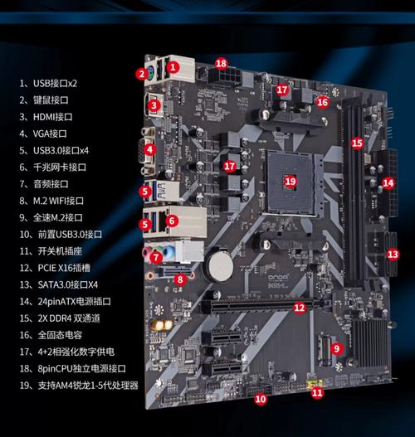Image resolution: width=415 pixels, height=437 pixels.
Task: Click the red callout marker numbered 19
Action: pyautogui.click(x=290, y=180)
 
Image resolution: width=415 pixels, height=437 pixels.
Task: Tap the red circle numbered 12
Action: pyautogui.click(x=299, y=308)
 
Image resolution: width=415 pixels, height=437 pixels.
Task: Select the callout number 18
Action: pyautogui.click(x=221, y=63)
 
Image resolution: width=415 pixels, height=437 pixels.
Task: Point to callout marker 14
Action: pyautogui.click(x=388, y=182)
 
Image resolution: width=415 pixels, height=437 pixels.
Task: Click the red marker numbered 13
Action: pyautogui.click(x=393, y=254)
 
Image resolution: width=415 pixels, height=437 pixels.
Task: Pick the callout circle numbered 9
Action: pyautogui.click(x=336, y=349)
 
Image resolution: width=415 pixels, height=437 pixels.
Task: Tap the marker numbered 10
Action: pyautogui.click(x=260, y=399)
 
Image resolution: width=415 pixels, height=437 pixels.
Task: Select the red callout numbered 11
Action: pyautogui.click(x=316, y=393)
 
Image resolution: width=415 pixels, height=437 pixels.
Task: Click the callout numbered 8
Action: pyautogui.click(x=179, y=280)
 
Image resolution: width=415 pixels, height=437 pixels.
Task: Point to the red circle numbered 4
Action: pyautogui.click(x=149, y=150)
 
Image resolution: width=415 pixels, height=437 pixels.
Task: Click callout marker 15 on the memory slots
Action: pyautogui.click(x=357, y=143)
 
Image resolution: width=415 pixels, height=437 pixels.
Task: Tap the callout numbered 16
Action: pyautogui.click(x=322, y=102)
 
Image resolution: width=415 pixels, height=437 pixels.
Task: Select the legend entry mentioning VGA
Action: pyautogui.click(x=50, y=134)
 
